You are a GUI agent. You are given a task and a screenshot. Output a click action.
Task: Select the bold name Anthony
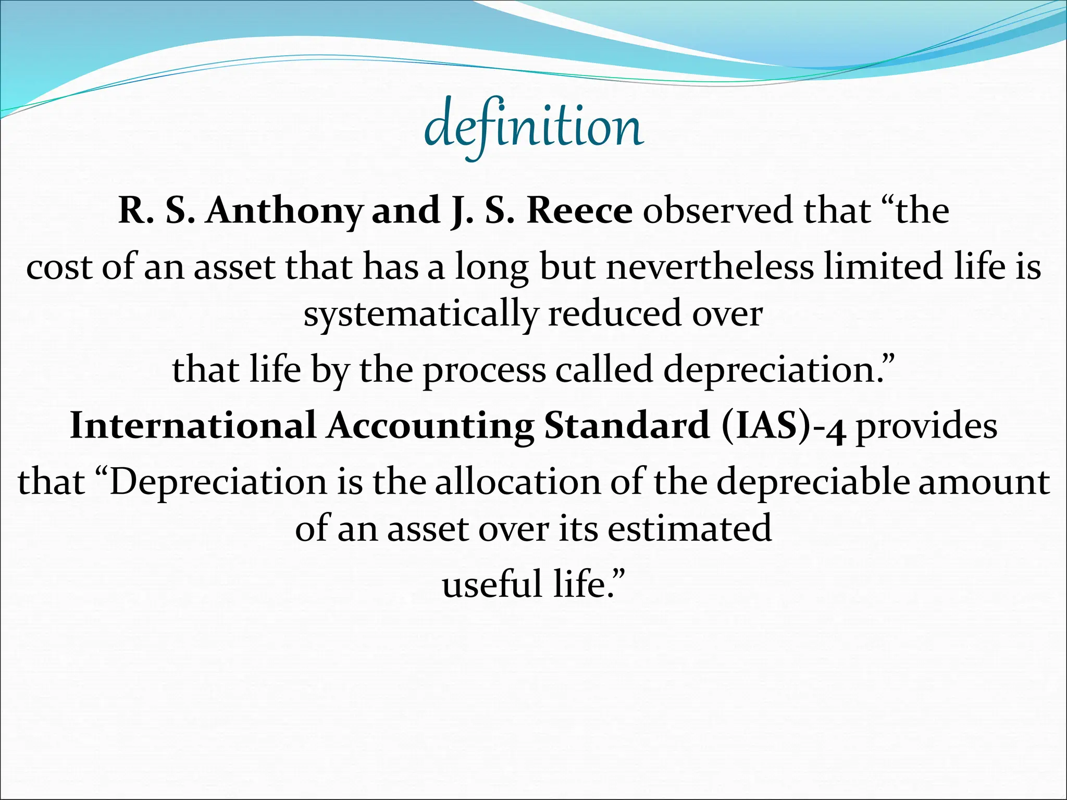click(284, 211)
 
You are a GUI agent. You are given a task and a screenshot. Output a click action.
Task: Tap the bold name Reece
click(579, 211)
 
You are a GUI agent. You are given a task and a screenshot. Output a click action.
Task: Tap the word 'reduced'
click(615, 314)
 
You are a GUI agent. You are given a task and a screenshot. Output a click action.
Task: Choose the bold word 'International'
click(193, 426)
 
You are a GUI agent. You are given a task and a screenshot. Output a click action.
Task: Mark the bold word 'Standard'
click(627, 426)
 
